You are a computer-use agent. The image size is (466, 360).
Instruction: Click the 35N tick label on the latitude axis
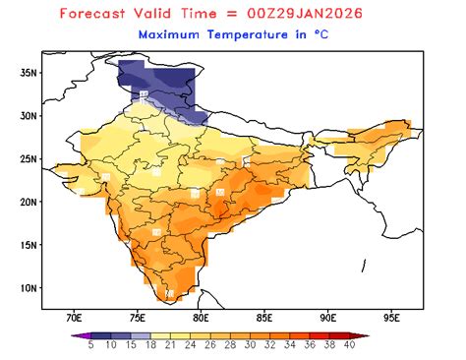(x=28, y=72)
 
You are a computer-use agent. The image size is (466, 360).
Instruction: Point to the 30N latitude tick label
(x=28, y=115)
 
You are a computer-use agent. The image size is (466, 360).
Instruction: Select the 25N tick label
(x=28, y=158)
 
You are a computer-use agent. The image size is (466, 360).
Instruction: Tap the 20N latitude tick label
(x=28, y=202)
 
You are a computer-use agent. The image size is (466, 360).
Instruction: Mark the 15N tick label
(x=28, y=245)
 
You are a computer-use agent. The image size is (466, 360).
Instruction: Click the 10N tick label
(x=28, y=288)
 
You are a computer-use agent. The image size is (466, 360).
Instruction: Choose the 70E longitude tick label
(x=74, y=318)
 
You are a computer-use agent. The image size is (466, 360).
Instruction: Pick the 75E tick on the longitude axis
(x=138, y=318)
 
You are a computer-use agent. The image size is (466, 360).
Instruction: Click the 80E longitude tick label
(x=202, y=318)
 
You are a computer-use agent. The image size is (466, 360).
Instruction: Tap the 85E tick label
(x=264, y=318)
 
